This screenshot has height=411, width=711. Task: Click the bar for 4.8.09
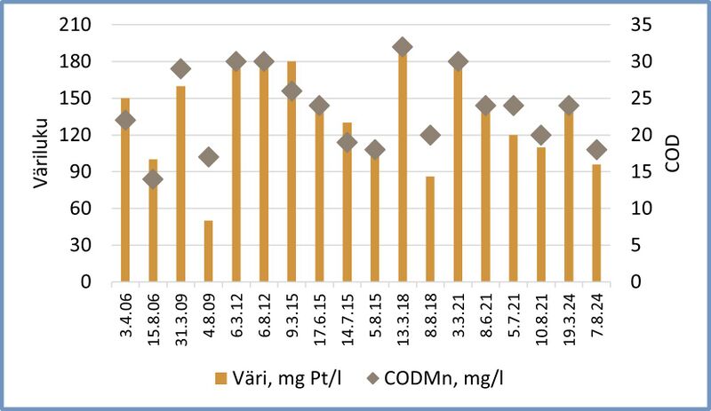tap(208, 251)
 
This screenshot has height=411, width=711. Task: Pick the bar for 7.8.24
tap(596, 223)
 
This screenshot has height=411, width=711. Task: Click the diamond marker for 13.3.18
tap(403, 47)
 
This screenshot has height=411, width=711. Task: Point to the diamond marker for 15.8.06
tap(153, 179)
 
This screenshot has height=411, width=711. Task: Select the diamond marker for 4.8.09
tap(208, 157)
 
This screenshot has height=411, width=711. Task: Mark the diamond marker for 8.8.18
tap(430, 135)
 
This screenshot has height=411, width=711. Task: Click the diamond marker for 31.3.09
tap(180, 69)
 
